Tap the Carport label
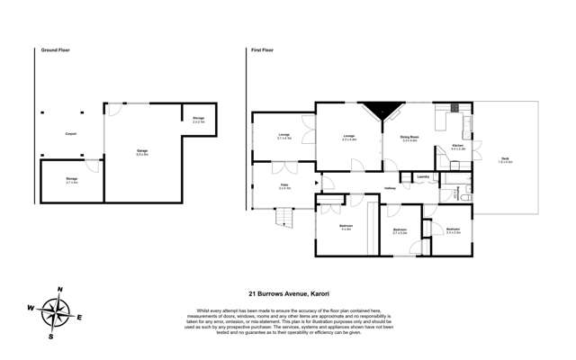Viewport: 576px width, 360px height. pyautogui.click(x=69, y=134)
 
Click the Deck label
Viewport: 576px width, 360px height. pyautogui.click(x=507, y=159)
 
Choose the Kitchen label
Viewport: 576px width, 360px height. pyautogui.click(x=456, y=148)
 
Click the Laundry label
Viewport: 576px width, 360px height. pyautogui.click(x=423, y=177)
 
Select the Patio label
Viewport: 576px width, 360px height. pyautogui.click(x=283, y=187)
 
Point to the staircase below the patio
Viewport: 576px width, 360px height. pyautogui.click(x=286, y=216)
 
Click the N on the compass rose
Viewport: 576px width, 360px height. pyautogui.click(x=59, y=289)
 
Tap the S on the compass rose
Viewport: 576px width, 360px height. pyautogui.click(x=51, y=337)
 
